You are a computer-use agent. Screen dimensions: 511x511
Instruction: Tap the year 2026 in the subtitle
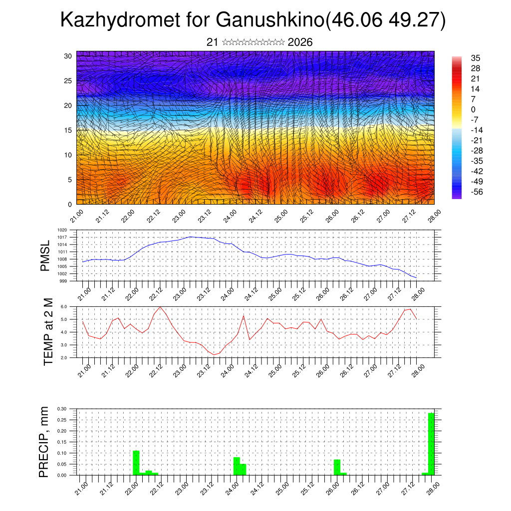point(300,42)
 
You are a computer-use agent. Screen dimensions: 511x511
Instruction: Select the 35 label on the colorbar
point(476,58)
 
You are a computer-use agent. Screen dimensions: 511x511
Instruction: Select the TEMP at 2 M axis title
point(48,331)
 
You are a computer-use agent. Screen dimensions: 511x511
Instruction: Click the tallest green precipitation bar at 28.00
point(431,444)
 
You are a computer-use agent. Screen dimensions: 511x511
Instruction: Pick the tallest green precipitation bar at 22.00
point(136,463)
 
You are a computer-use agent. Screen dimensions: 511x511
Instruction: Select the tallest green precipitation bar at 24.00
point(237,466)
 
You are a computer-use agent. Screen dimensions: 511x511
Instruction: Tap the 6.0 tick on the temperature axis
point(64,306)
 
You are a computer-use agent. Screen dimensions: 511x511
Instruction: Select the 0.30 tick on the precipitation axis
point(62,409)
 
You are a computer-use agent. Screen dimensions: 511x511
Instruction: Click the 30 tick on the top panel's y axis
point(67,55)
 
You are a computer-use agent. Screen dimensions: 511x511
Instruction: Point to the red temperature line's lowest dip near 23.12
point(214,354)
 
